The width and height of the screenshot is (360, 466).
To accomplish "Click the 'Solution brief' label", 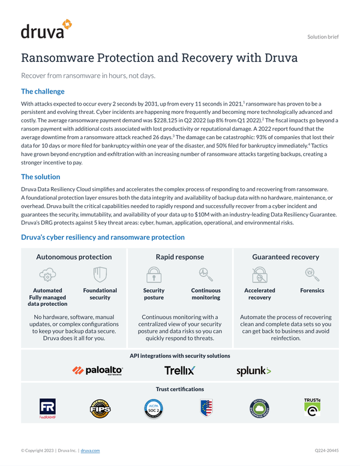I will pos(323,37).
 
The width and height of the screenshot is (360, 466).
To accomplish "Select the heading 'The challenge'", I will pos(43,92).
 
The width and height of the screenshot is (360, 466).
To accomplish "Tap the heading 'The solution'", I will pos(40,177).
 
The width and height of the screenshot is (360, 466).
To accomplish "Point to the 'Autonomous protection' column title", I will pos(74,257).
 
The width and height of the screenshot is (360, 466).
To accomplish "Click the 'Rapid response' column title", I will pos(179,257).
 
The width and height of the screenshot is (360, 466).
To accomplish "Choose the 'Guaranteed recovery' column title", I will pos(285,257).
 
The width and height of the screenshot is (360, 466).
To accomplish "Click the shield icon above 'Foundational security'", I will pos(100,275).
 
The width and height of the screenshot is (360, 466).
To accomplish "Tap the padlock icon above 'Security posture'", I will pos(154,275).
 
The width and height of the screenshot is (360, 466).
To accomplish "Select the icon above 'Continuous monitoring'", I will pos(205,275).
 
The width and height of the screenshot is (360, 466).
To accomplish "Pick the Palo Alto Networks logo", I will pos(98,371).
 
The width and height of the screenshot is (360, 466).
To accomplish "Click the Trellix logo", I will pos(179,371).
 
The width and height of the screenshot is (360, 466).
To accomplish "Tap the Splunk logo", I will pos(253,371).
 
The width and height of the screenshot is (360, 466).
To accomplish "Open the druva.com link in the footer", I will pos(90,450).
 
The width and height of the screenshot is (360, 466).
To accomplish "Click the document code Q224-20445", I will pos(326,450).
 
